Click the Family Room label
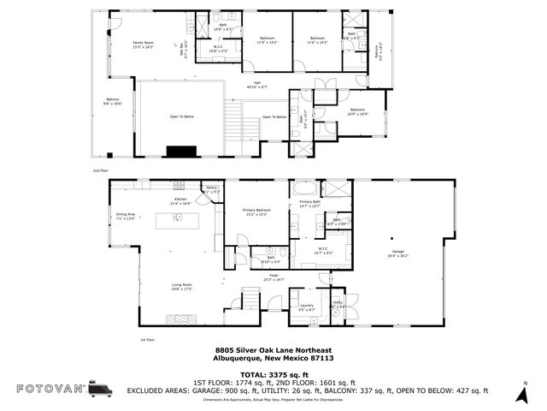[x=142, y=44]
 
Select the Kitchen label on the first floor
[x=180, y=201]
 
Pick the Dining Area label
[x=126, y=217]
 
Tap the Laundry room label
[x=305, y=307]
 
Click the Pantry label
[x=212, y=189]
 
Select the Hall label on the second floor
[x=257, y=85]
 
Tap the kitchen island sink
[x=178, y=217]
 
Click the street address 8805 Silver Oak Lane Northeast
[x=273, y=350]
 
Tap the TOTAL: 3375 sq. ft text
[x=273, y=373]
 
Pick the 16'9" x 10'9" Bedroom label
[x=358, y=111]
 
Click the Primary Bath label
[x=309, y=204]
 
